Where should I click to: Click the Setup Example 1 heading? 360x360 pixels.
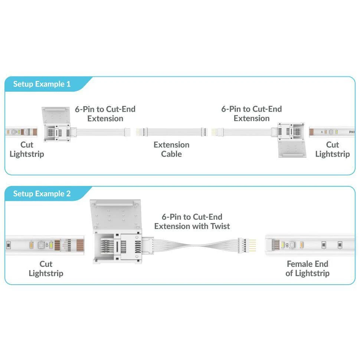pyautogui.click(x=42, y=84)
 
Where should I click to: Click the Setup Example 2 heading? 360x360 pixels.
pyautogui.click(x=42, y=194)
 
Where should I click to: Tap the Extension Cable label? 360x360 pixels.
pyautogui.click(x=171, y=149)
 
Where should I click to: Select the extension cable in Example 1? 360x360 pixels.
pyautogui.click(x=171, y=131)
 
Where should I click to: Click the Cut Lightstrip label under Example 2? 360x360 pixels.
pyautogui.click(x=46, y=269)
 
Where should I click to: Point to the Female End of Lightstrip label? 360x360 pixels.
pyautogui.click(x=307, y=269)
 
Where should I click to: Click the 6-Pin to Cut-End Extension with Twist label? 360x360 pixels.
pyautogui.click(x=192, y=222)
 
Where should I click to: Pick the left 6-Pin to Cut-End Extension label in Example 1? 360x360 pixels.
pyautogui.click(x=105, y=114)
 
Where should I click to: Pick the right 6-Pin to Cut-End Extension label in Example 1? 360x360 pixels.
pyautogui.click(x=252, y=114)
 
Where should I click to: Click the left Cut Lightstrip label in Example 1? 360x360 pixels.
pyautogui.click(x=27, y=149)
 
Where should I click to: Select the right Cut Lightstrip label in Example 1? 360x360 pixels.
pyautogui.click(x=333, y=149)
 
